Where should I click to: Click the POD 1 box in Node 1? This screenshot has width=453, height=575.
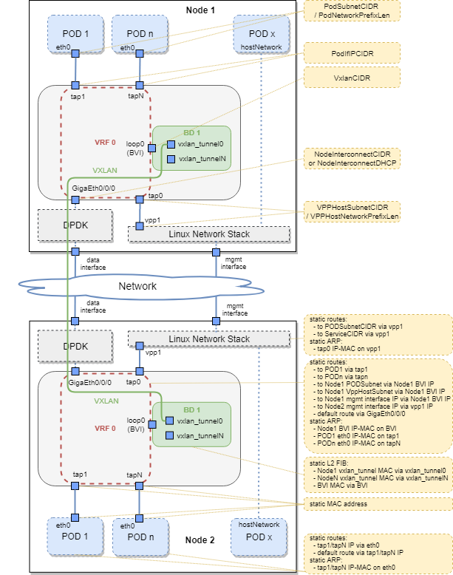coord(75,34)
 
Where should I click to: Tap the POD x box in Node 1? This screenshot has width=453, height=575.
coord(261,34)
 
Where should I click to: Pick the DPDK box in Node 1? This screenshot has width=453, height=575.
coord(75,225)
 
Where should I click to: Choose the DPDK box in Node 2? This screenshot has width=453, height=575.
coord(75,346)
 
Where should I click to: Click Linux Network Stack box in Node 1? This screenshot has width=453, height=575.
coord(209,234)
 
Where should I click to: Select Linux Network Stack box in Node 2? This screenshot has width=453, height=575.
coord(209,339)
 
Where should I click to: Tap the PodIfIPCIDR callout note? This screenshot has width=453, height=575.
coord(352,53)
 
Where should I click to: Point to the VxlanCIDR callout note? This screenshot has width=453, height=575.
coord(352,76)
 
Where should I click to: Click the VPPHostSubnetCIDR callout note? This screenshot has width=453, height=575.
coord(352,211)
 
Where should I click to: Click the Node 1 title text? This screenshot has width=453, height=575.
coord(200,10)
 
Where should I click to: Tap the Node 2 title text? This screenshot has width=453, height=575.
coord(200,540)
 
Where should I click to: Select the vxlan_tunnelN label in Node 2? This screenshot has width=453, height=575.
coord(200,436)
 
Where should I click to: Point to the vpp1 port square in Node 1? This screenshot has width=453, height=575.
coord(140,226)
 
